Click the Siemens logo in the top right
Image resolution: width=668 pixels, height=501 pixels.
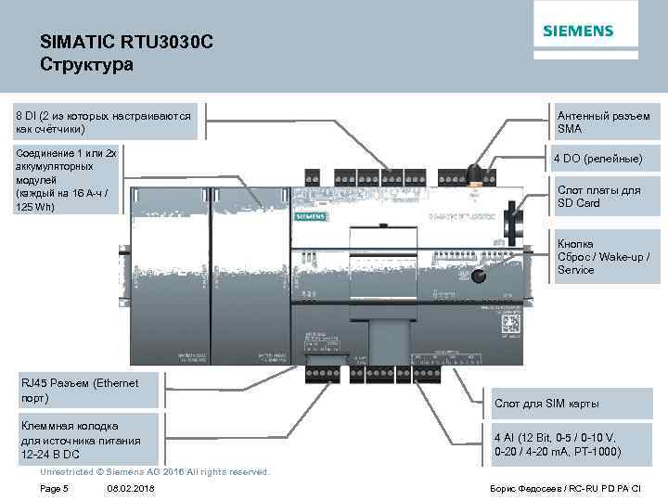577,31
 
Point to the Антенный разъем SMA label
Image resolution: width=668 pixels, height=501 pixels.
602,122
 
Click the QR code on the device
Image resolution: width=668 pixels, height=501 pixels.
508,325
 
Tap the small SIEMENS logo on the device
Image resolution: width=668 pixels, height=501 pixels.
310,215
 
